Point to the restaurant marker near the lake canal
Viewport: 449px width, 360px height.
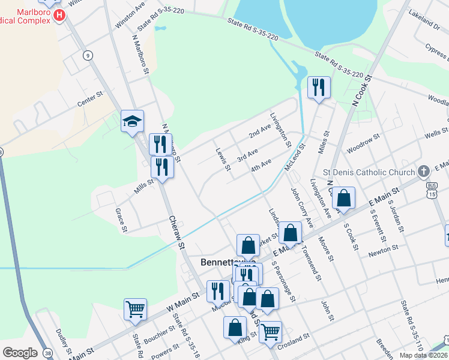(318, 88)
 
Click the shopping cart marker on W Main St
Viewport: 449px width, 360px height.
(135, 310)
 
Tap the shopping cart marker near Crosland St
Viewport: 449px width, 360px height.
(271, 331)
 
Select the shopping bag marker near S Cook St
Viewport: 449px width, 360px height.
(344, 198)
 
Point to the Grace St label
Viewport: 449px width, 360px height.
(122, 220)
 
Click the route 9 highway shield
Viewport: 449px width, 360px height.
(88, 56)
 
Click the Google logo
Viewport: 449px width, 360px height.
(19, 353)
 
